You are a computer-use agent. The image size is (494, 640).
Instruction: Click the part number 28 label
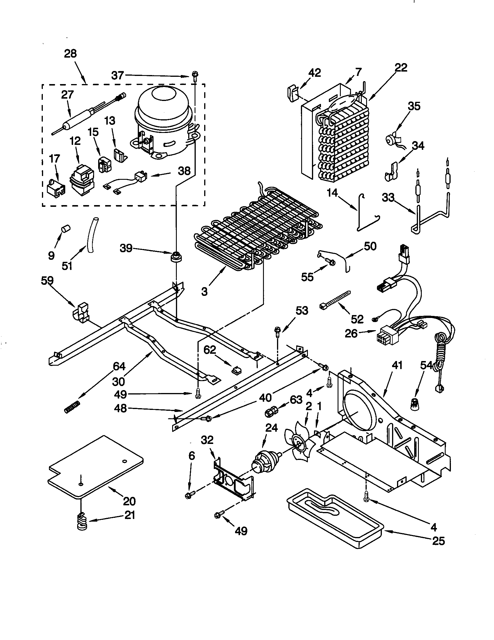[70, 54]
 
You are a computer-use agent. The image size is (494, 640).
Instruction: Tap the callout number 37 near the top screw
[118, 76]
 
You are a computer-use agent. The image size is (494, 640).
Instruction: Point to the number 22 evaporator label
[401, 68]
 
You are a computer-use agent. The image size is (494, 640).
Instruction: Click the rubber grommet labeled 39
[175, 257]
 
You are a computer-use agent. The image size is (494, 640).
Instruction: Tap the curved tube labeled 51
[91, 234]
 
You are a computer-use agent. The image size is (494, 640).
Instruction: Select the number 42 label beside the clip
[315, 73]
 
